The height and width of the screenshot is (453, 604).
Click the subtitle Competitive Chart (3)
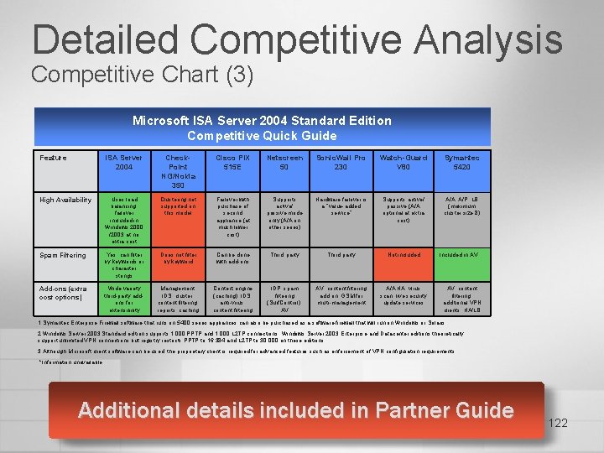click(x=142, y=75)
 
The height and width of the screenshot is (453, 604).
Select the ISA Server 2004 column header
click(x=123, y=162)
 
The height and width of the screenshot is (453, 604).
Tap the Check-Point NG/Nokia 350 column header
click(x=178, y=170)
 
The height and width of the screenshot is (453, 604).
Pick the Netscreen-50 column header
click(x=285, y=162)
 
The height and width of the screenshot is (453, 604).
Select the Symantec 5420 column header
click(x=461, y=162)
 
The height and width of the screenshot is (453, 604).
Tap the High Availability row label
click(x=65, y=200)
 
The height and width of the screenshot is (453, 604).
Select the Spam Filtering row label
click(x=63, y=255)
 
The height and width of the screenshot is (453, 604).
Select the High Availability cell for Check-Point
click(x=178, y=205)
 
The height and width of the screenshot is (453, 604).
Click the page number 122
click(x=557, y=423)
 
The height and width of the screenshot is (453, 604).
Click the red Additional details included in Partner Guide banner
click(x=295, y=410)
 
